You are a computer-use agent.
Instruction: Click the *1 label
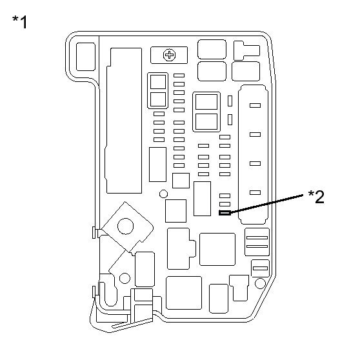tap(20, 22)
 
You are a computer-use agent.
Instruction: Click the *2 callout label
tap(316, 197)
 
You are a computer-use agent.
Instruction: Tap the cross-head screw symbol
tap(169, 55)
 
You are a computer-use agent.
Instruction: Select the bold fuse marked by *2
tap(225, 213)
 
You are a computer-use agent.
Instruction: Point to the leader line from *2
tap(267, 204)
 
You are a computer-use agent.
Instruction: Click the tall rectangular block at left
tap(124, 121)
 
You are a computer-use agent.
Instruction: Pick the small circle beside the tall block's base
tap(163, 194)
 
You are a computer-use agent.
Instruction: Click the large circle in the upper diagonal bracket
tap(125, 226)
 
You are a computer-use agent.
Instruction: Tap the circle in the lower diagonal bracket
tap(125, 278)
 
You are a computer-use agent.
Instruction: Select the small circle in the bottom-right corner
tap(260, 283)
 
